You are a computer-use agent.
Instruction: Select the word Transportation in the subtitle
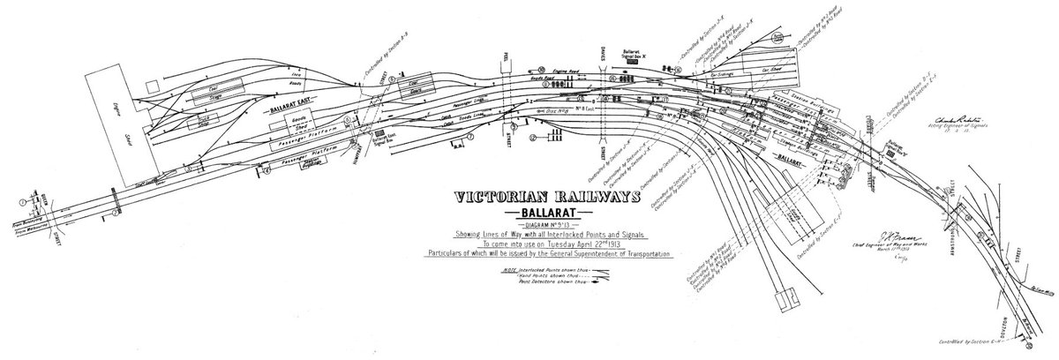639,254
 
